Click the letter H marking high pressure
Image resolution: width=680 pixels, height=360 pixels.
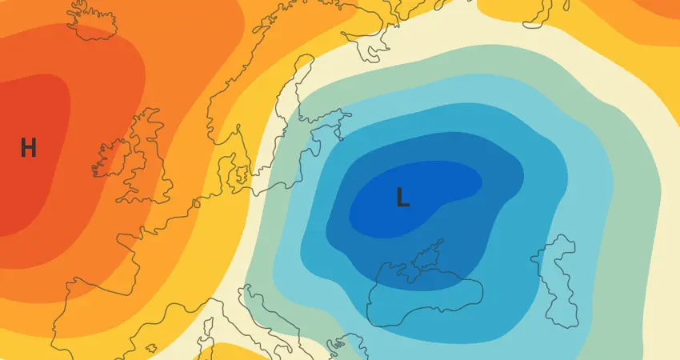(x=28, y=147)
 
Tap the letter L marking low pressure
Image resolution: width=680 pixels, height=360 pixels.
(x=403, y=197)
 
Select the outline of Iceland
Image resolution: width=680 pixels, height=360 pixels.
(x=91, y=20)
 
